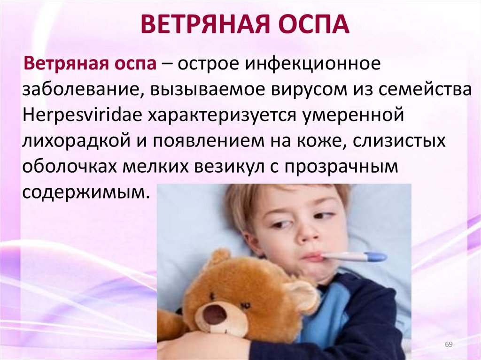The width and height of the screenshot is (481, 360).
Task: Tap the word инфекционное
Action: click(306, 64)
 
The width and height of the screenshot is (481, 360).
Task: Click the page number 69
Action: click(448, 345)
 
